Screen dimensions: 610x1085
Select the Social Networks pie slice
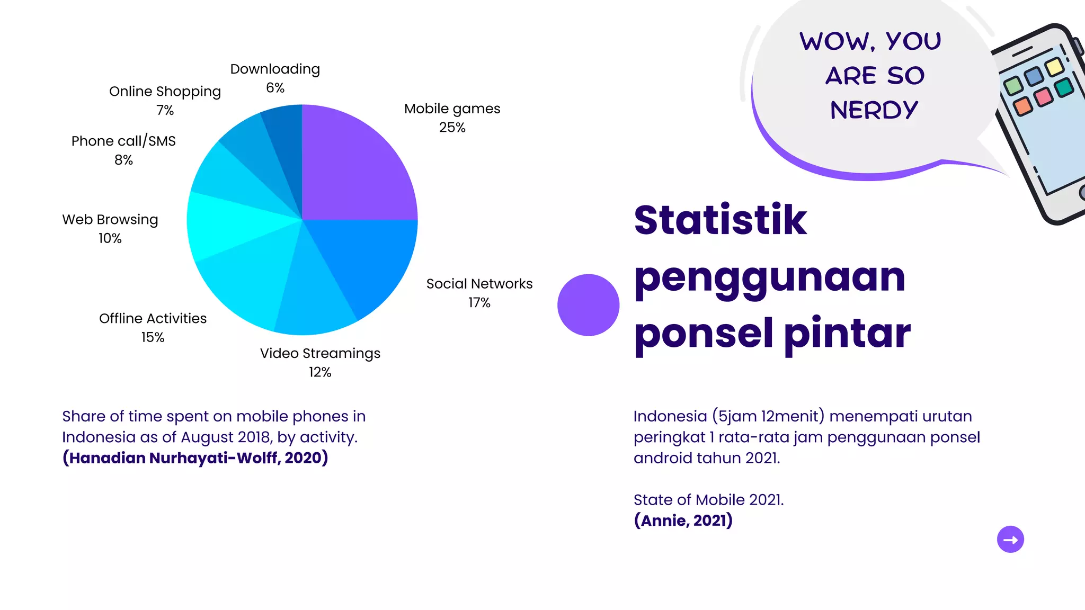tap(366, 259)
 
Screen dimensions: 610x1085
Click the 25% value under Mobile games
tap(452, 128)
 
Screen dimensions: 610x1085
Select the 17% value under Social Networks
tap(479, 303)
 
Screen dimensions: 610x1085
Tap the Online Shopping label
tap(165, 92)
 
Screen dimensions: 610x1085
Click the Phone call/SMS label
tap(123, 141)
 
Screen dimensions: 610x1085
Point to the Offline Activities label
tap(153, 319)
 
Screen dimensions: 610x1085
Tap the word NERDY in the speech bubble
tap(874, 110)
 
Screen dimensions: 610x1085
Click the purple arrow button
tap(1010, 540)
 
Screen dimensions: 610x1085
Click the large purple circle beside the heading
tap(588, 305)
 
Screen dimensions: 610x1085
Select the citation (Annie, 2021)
tap(683, 521)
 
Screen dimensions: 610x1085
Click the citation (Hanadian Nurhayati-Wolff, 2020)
tap(195, 458)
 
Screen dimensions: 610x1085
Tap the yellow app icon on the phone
tap(1054, 67)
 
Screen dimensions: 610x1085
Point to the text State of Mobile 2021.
tap(708, 500)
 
